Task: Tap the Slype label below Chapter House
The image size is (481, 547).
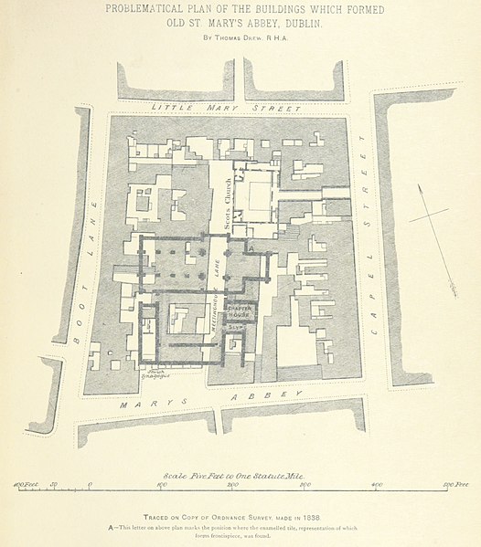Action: pyautogui.click(x=235, y=326)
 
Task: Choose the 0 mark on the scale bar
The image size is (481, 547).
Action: pyautogui.click(x=90, y=484)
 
